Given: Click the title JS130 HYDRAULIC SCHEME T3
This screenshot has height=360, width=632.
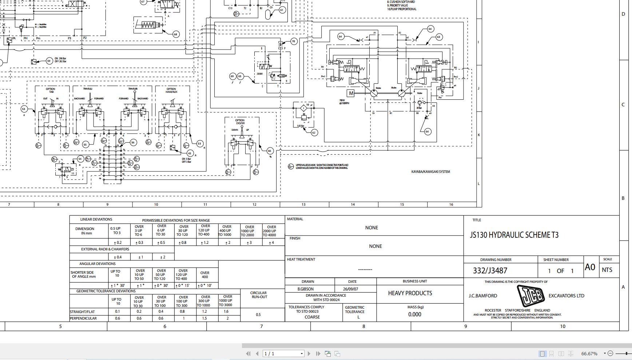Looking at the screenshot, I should tap(514, 235).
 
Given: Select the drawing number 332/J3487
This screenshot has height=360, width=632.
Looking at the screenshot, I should tap(490, 270).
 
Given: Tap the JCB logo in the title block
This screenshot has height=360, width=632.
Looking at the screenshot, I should tap(530, 296).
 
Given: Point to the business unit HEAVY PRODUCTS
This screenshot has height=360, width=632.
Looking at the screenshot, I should tap(410, 293).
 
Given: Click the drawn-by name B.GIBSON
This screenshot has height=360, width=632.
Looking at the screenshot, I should tap(306, 289).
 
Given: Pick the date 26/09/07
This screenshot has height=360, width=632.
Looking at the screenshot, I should tap(350, 289).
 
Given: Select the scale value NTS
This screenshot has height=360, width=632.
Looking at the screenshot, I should tap(607, 270).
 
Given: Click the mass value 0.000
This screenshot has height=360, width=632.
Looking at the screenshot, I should tap(415, 314).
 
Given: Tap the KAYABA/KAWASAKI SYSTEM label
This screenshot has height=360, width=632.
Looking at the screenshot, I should tap(430, 172).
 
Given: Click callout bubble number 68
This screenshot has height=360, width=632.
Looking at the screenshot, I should tap(175, 34).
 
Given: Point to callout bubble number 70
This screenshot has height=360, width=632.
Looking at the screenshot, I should tap(293, 41).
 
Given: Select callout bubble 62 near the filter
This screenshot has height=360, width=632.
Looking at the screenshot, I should tap(314, 132).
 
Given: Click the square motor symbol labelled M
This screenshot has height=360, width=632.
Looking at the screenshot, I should tap(351, 94).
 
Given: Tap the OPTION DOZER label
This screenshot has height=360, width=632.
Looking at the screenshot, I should tap(240, 122).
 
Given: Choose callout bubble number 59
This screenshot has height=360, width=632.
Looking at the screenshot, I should tap(49, 61).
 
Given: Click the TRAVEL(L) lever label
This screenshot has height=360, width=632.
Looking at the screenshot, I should tap(88, 89).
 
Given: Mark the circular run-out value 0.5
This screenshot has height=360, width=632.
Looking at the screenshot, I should tap(258, 314).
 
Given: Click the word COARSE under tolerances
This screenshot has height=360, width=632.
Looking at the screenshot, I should tap(312, 317).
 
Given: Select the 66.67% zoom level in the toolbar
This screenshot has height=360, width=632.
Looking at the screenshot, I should tap(589, 353).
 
